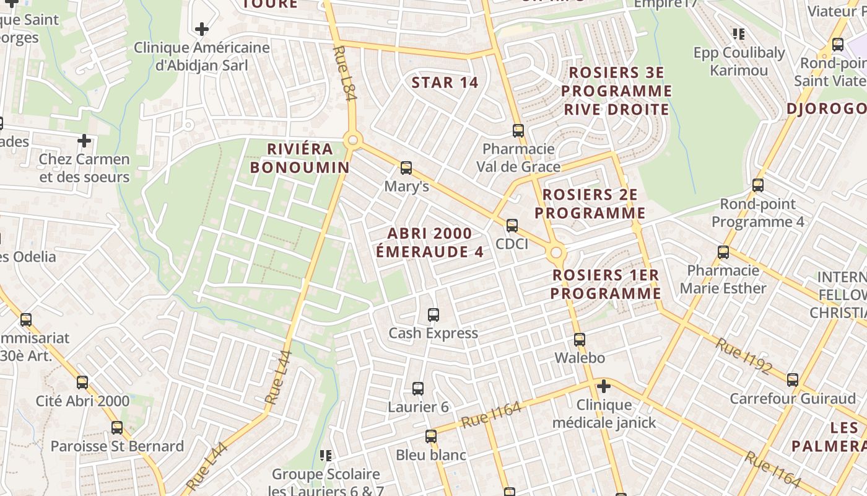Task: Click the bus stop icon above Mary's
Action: click(x=406, y=167)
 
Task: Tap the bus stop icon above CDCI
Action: click(x=512, y=225)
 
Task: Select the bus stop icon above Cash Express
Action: click(x=434, y=314)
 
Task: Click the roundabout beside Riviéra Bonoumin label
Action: click(x=353, y=140)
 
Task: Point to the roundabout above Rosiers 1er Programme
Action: click(x=556, y=252)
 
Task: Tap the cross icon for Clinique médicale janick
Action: click(x=603, y=386)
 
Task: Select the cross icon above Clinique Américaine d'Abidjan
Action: click(x=201, y=29)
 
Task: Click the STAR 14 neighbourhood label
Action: click(x=445, y=82)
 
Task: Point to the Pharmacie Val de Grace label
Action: click(x=518, y=157)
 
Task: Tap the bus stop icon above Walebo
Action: click(x=579, y=339)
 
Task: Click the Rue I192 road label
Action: click(x=743, y=356)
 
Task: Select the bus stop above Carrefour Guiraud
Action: click(x=793, y=379)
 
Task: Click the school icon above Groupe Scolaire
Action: click(x=326, y=456)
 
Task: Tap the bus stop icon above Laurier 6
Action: click(x=418, y=389)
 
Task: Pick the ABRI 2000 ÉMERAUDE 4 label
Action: click(x=430, y=242)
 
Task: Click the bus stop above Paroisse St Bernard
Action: click(x=117, y=427)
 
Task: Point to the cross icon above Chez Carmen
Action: click(x=84, y=141)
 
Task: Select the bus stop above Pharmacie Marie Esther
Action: click(x=723, y=252)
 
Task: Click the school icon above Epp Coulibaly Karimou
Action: click(x=738, y=33)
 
